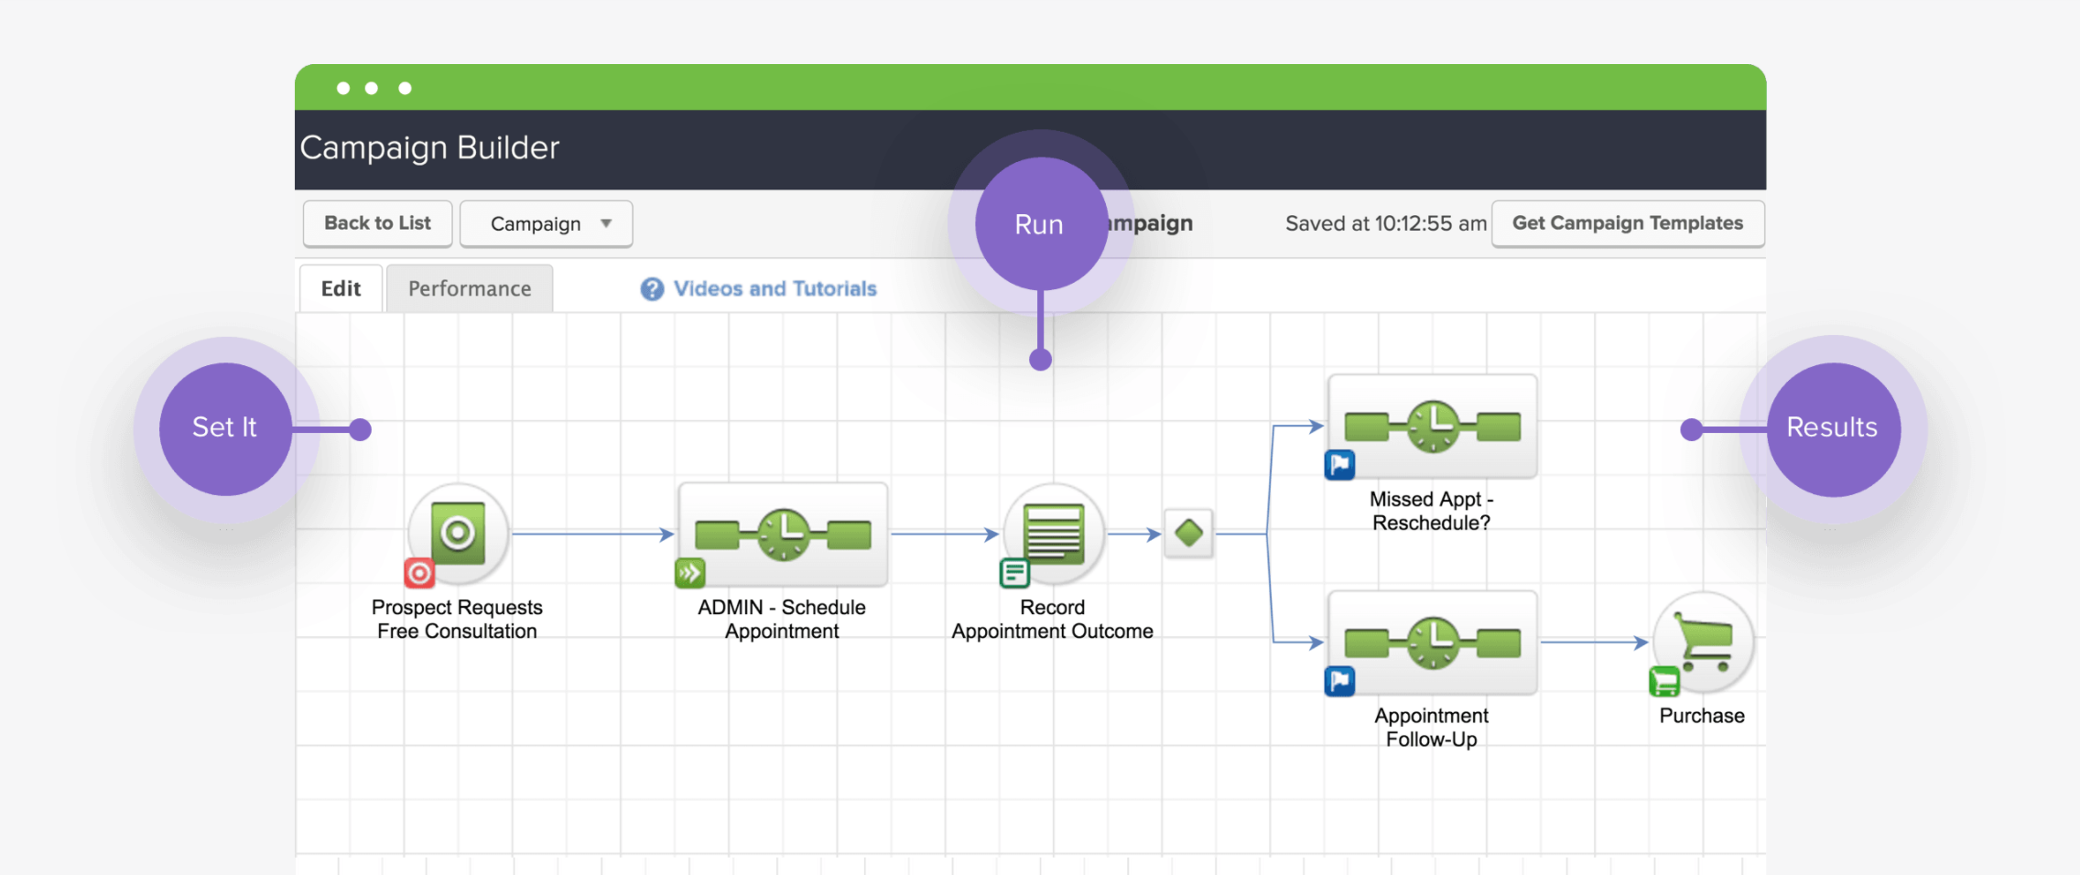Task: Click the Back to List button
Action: (377, 223)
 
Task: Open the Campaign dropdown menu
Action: (546, 223)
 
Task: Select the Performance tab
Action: (470, 288)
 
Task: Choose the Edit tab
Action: (341, 288)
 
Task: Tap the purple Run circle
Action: (1041, 223)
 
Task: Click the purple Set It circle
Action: (225, 429)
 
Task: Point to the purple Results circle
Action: (1834, 429)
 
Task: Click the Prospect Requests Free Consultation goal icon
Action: (458, 533)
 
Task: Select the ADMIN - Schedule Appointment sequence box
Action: (783, 535)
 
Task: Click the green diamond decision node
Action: (1189, 533)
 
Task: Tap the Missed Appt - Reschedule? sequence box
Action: (1433, 427)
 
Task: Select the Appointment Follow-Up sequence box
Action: (1433, 643)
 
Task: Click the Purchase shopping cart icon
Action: (1704, 642)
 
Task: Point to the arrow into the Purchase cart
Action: (1594, 643)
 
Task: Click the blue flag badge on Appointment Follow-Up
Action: (1340, 681)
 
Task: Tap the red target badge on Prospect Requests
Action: (419, 574)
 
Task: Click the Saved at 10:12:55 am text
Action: (1386, 223)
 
